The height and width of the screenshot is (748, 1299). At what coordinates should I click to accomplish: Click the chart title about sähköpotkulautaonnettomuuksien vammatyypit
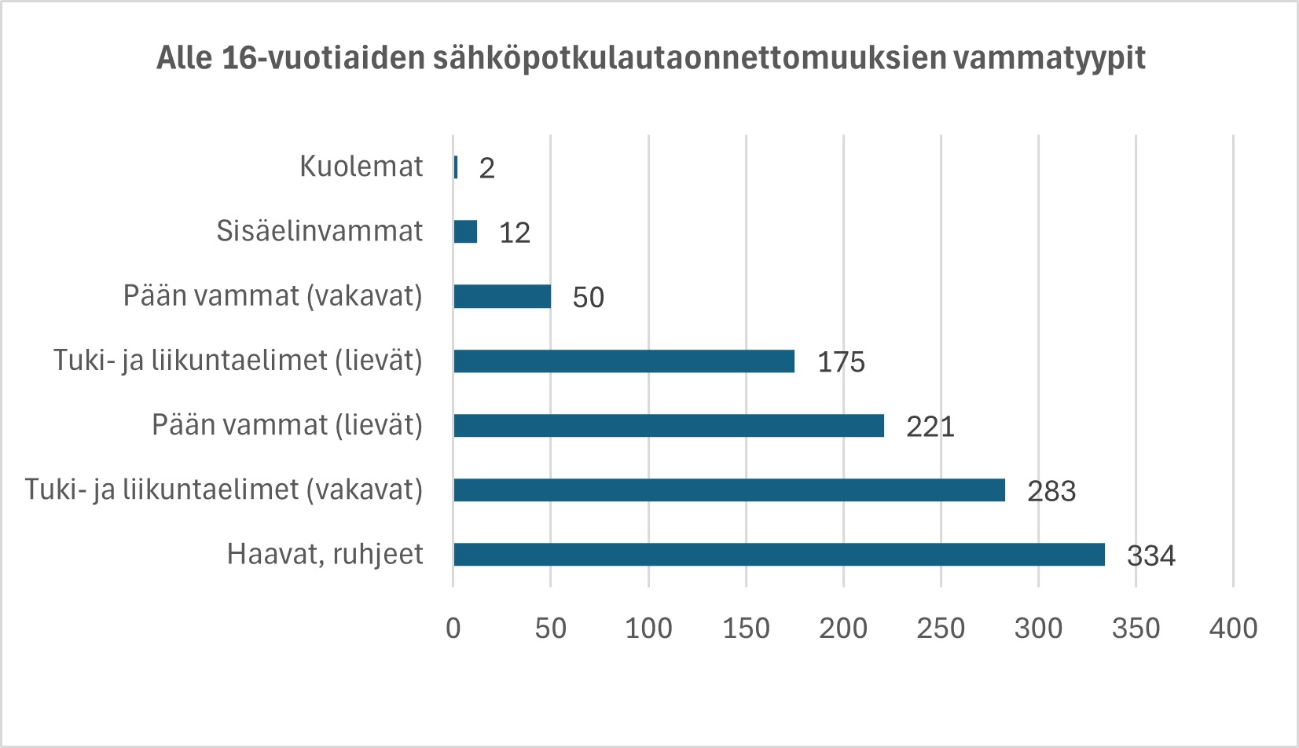click(x=651, y=58)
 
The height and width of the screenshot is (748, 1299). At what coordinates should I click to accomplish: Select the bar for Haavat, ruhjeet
click(x=779, y=555)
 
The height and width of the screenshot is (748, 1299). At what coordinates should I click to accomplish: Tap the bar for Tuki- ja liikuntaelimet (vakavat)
click(x=729, y=490)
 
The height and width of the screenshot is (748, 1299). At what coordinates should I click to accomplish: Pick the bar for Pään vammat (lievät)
click(x=669, y=426)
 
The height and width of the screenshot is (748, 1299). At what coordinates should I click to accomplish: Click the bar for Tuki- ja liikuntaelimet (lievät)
click(x=624, y=361)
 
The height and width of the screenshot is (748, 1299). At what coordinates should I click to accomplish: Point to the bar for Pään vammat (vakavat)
click(x=502, y=297)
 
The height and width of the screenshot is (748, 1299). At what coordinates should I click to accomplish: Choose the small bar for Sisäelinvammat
click(x=465, y=232)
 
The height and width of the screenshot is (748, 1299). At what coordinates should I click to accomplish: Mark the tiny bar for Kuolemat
click(x=456, y=167)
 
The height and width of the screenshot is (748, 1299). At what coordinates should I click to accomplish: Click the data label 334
click(x=1150, y=555)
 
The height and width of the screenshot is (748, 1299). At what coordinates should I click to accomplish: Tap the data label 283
click(x=1051, y=491)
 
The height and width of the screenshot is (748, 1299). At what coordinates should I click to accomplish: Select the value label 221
click(x=930, y=427)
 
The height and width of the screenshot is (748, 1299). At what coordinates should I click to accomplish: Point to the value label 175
click(x=841, y=362)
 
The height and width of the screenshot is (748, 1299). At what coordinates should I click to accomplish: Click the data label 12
click(x=515, y=233)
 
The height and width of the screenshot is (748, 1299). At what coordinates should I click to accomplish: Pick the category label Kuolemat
click(x=361, y=167)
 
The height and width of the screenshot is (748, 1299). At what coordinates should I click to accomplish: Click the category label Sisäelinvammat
click(x=320, y=231)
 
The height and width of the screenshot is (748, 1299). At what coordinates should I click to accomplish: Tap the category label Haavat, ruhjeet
click(x=325, y=554)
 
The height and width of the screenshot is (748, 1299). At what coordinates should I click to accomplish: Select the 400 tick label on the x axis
click(x=1233, y=628)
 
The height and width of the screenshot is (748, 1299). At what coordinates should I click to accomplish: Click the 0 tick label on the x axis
click(x=453, y=628)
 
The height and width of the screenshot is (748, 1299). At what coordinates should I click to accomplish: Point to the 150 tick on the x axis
click(x=746, y=628)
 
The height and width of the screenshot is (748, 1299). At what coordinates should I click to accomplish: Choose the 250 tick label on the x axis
click(x=941, y=628)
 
